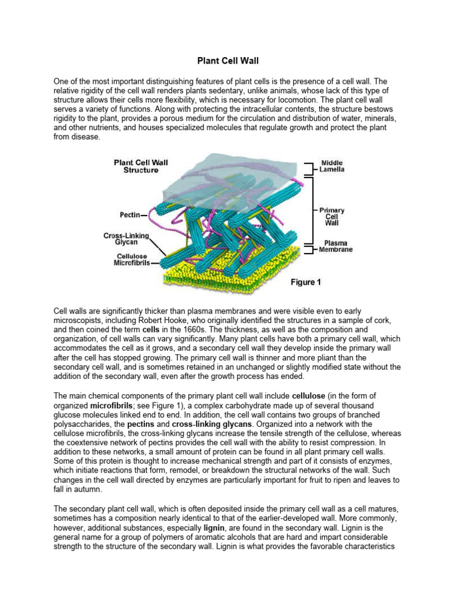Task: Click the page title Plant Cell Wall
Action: (x=228, y=61)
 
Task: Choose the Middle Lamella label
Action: (x=332, y=166)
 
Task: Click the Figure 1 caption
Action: (x=306, y=282)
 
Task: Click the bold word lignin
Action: (x=214, y=527)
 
